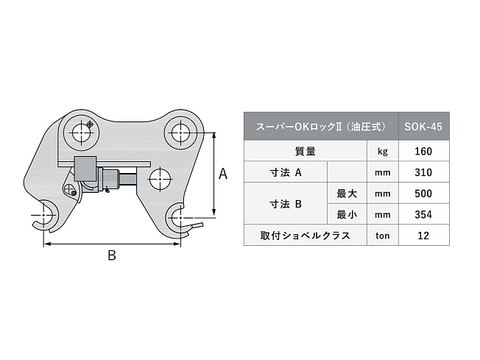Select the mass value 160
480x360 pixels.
pos(423,152)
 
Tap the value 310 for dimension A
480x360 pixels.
pos(423,173)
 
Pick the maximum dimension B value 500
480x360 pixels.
pos(423,194)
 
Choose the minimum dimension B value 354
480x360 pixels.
pos(423,215)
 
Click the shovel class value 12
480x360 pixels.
pos(423,236)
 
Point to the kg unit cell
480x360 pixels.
pos(382,152)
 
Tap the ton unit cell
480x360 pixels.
pos(382,236)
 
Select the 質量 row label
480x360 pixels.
pos(305,152)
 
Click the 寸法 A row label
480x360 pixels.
pos(285,173)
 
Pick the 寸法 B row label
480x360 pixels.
pos(285,205)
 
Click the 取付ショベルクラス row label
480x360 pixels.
pos(305,236)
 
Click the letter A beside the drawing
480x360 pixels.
pos(224,174)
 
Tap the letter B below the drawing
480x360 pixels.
pos(111,255)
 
